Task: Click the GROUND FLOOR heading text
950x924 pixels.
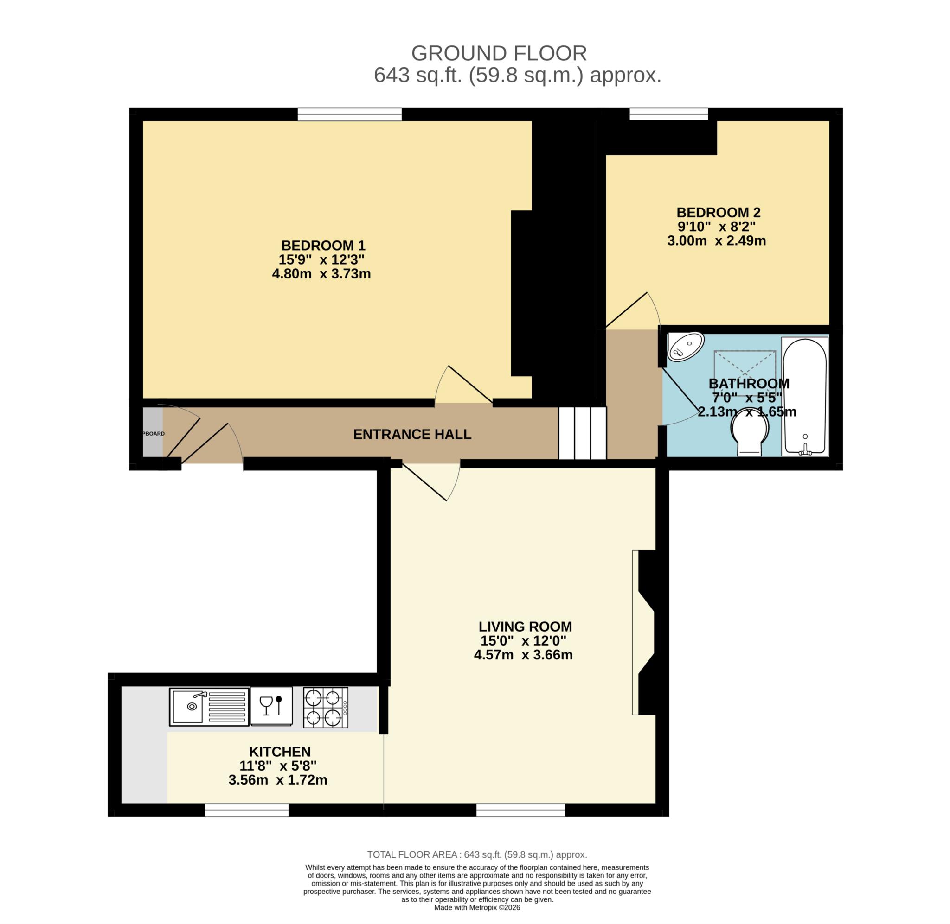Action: click(x=498, y=53)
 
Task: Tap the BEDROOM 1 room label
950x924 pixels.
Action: click(x=323, y=245)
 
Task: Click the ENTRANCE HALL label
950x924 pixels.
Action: click(x=412, y=434)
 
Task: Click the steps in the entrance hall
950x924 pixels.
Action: click(x=582, y=433)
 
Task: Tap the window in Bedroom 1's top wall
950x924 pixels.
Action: click(x=349, y=114)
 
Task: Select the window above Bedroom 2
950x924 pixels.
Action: click(x=668, y=114)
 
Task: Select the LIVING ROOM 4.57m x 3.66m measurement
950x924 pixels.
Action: click(x=523, y=655)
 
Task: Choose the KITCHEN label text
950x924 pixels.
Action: click(x=280, y=752)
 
